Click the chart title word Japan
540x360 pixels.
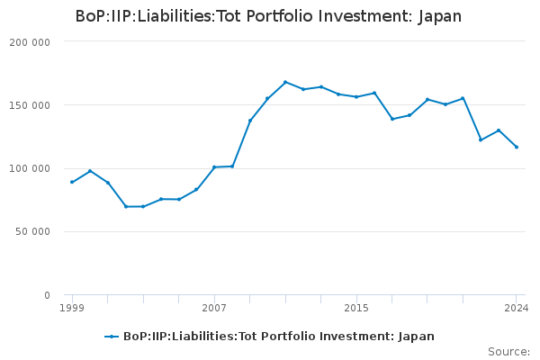(x=439, y=16)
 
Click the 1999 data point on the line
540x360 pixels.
(x=72, y=182)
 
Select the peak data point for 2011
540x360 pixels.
(x=285, y=82)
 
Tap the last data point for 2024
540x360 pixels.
(x=517, y=147)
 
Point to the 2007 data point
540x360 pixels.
(x=214, y=166)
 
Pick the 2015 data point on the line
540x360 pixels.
(x=356, y=96)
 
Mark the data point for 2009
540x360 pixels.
(x=250, y=121)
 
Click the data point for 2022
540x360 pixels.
(x=481, y=139)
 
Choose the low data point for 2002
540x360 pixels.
(x=126, y=206)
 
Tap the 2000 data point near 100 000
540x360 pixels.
(x=90, y=171)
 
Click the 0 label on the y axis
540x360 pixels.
(x=47, y=295)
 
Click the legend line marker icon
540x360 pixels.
(x=112, y=337)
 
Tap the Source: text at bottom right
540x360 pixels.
(x=508, y=352)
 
